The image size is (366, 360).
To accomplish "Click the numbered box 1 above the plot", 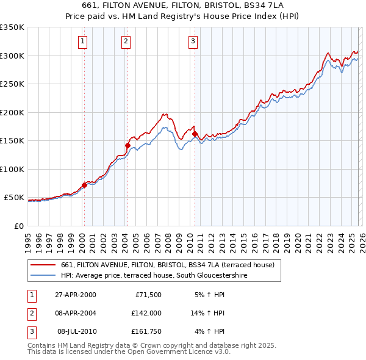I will [x=82, y=41].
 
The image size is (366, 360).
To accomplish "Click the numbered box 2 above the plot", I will [x=126, y=41].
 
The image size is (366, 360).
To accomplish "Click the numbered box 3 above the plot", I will [x=193, y=41].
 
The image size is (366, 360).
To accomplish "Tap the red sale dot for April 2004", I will [x=127, y=145].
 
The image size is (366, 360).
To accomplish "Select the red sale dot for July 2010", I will [x=195, y=134].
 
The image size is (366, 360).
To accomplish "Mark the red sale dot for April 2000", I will [x=84, y=185].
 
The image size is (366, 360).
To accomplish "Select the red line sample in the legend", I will [x=44, y=265].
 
